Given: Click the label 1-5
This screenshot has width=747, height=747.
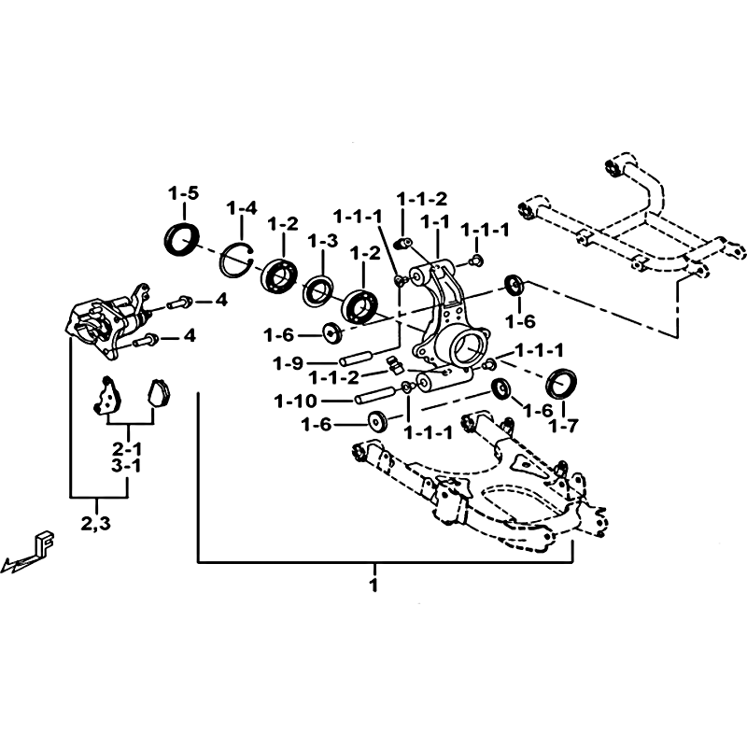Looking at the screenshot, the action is pyautogui.click(x=183, y=194).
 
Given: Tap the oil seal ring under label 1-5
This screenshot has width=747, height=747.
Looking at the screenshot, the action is pyautogui.click(x=182, y=237).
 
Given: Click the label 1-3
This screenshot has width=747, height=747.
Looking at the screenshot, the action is pyautogui.click(x=322, y=241).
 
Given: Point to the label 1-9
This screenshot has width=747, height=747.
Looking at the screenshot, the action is pyautogui.click(x=289, y=364).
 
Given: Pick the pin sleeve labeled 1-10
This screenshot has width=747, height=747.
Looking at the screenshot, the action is pyautogui.click(x=374, y=395).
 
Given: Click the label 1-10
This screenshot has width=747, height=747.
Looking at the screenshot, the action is pyautogui.click(x=296, y=402).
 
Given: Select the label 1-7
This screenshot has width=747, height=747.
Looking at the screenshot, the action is pyautogui.click(x=563, y=426).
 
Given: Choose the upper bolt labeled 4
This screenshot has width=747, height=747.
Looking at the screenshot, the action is pyautogui.click(x=179, y=302).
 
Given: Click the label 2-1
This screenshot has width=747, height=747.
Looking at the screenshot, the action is pyautogui.click(x=127, y=449).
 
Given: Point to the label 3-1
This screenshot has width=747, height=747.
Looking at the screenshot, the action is pyautogui.click(x=127, y=466).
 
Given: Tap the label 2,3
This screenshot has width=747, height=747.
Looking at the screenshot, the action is pyautogui.click(x=96, y=524).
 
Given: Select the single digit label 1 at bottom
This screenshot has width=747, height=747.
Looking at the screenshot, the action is pyautogui.click(x=374, y=585).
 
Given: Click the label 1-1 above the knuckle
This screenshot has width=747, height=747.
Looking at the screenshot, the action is pyautogui.click(x=435, y=221).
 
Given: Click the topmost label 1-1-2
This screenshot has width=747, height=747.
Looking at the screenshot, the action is pyautogui.click(x=423, y=199).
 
